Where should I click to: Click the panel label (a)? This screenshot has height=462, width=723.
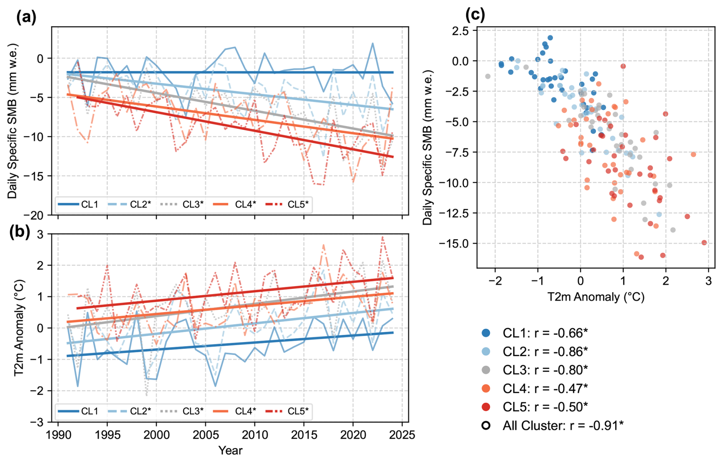pyautogui.click(x=26, y=17)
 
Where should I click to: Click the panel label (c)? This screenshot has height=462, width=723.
pyautogui.click(x=475, y=15)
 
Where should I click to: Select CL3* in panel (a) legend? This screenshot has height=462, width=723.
pyautogui.click(x=193, y=204)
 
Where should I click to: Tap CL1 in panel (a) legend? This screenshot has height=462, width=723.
pyautogui.click(x=89, y=204)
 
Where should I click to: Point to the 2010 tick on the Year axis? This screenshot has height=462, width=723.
pyautogui.click(x=255, y=435)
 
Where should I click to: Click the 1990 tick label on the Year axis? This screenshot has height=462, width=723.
pyautogui.click(x=58, y=435)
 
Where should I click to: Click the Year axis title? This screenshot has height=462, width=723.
pyautogui.click(x=230, y=451)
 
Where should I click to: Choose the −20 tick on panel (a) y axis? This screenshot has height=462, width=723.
pyautogui.click(x=37, y=216)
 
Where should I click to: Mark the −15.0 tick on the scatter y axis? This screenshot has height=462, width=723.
pyautogui.click(x=454, y=243)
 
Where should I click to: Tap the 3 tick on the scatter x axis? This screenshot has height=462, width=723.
pyautogui.click(x=708, y=281)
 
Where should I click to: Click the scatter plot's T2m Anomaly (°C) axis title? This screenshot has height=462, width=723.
pyautogui.click(x=596, y=297)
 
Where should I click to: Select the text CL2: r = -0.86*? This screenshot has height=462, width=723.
pyautogui.click(x=545, y=352)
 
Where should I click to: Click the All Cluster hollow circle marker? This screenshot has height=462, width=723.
pyautogui.click(x=486, y=425)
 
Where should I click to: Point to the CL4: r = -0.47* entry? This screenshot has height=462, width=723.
pyautogui.click(x=545, y=389)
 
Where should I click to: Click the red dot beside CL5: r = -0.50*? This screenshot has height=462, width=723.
pyautogui.click(x=486, y=407)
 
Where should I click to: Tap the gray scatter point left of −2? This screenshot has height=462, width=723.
pyautogui.click(x=488, y=76)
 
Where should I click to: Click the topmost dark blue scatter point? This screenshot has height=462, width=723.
pyautogui.click(x=550, y=38)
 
